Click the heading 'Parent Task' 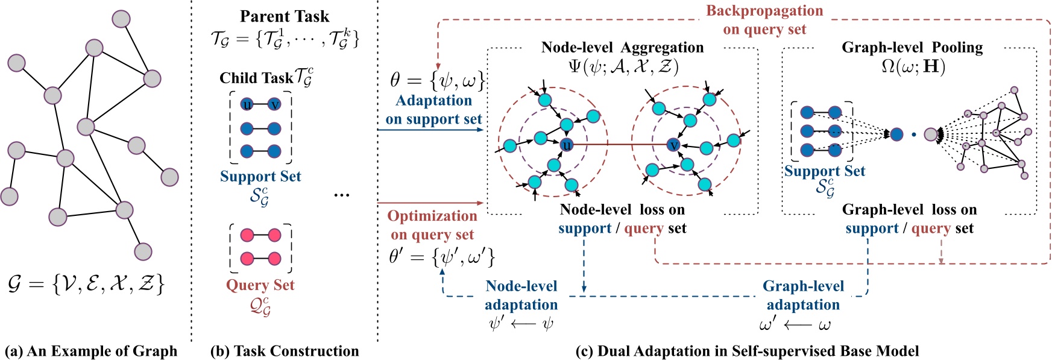(x=285, y=16)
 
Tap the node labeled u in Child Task (x=247, y=104)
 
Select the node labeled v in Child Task (x=274, y=104)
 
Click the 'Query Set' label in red (x=260, y=285)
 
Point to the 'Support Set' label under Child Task (x=260, y=176)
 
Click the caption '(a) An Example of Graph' (x=91, y=351)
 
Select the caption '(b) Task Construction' (x=284, y=351)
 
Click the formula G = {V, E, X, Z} (x=86, y=283)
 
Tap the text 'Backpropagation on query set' (x=764, y=20)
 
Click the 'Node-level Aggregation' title (x=622, y=48)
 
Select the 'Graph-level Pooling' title (x=912, y=48)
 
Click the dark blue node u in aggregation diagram (x=566, y=145)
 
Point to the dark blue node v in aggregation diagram (x=674, y=145)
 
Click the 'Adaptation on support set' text (x=433, y=110)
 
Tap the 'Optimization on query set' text (x=432, y=225)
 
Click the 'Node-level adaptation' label (x=521, y=295)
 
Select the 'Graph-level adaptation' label (x=803, y=295)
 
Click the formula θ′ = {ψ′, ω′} (x=441, y=257)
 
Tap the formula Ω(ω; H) (x=913, y=66)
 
